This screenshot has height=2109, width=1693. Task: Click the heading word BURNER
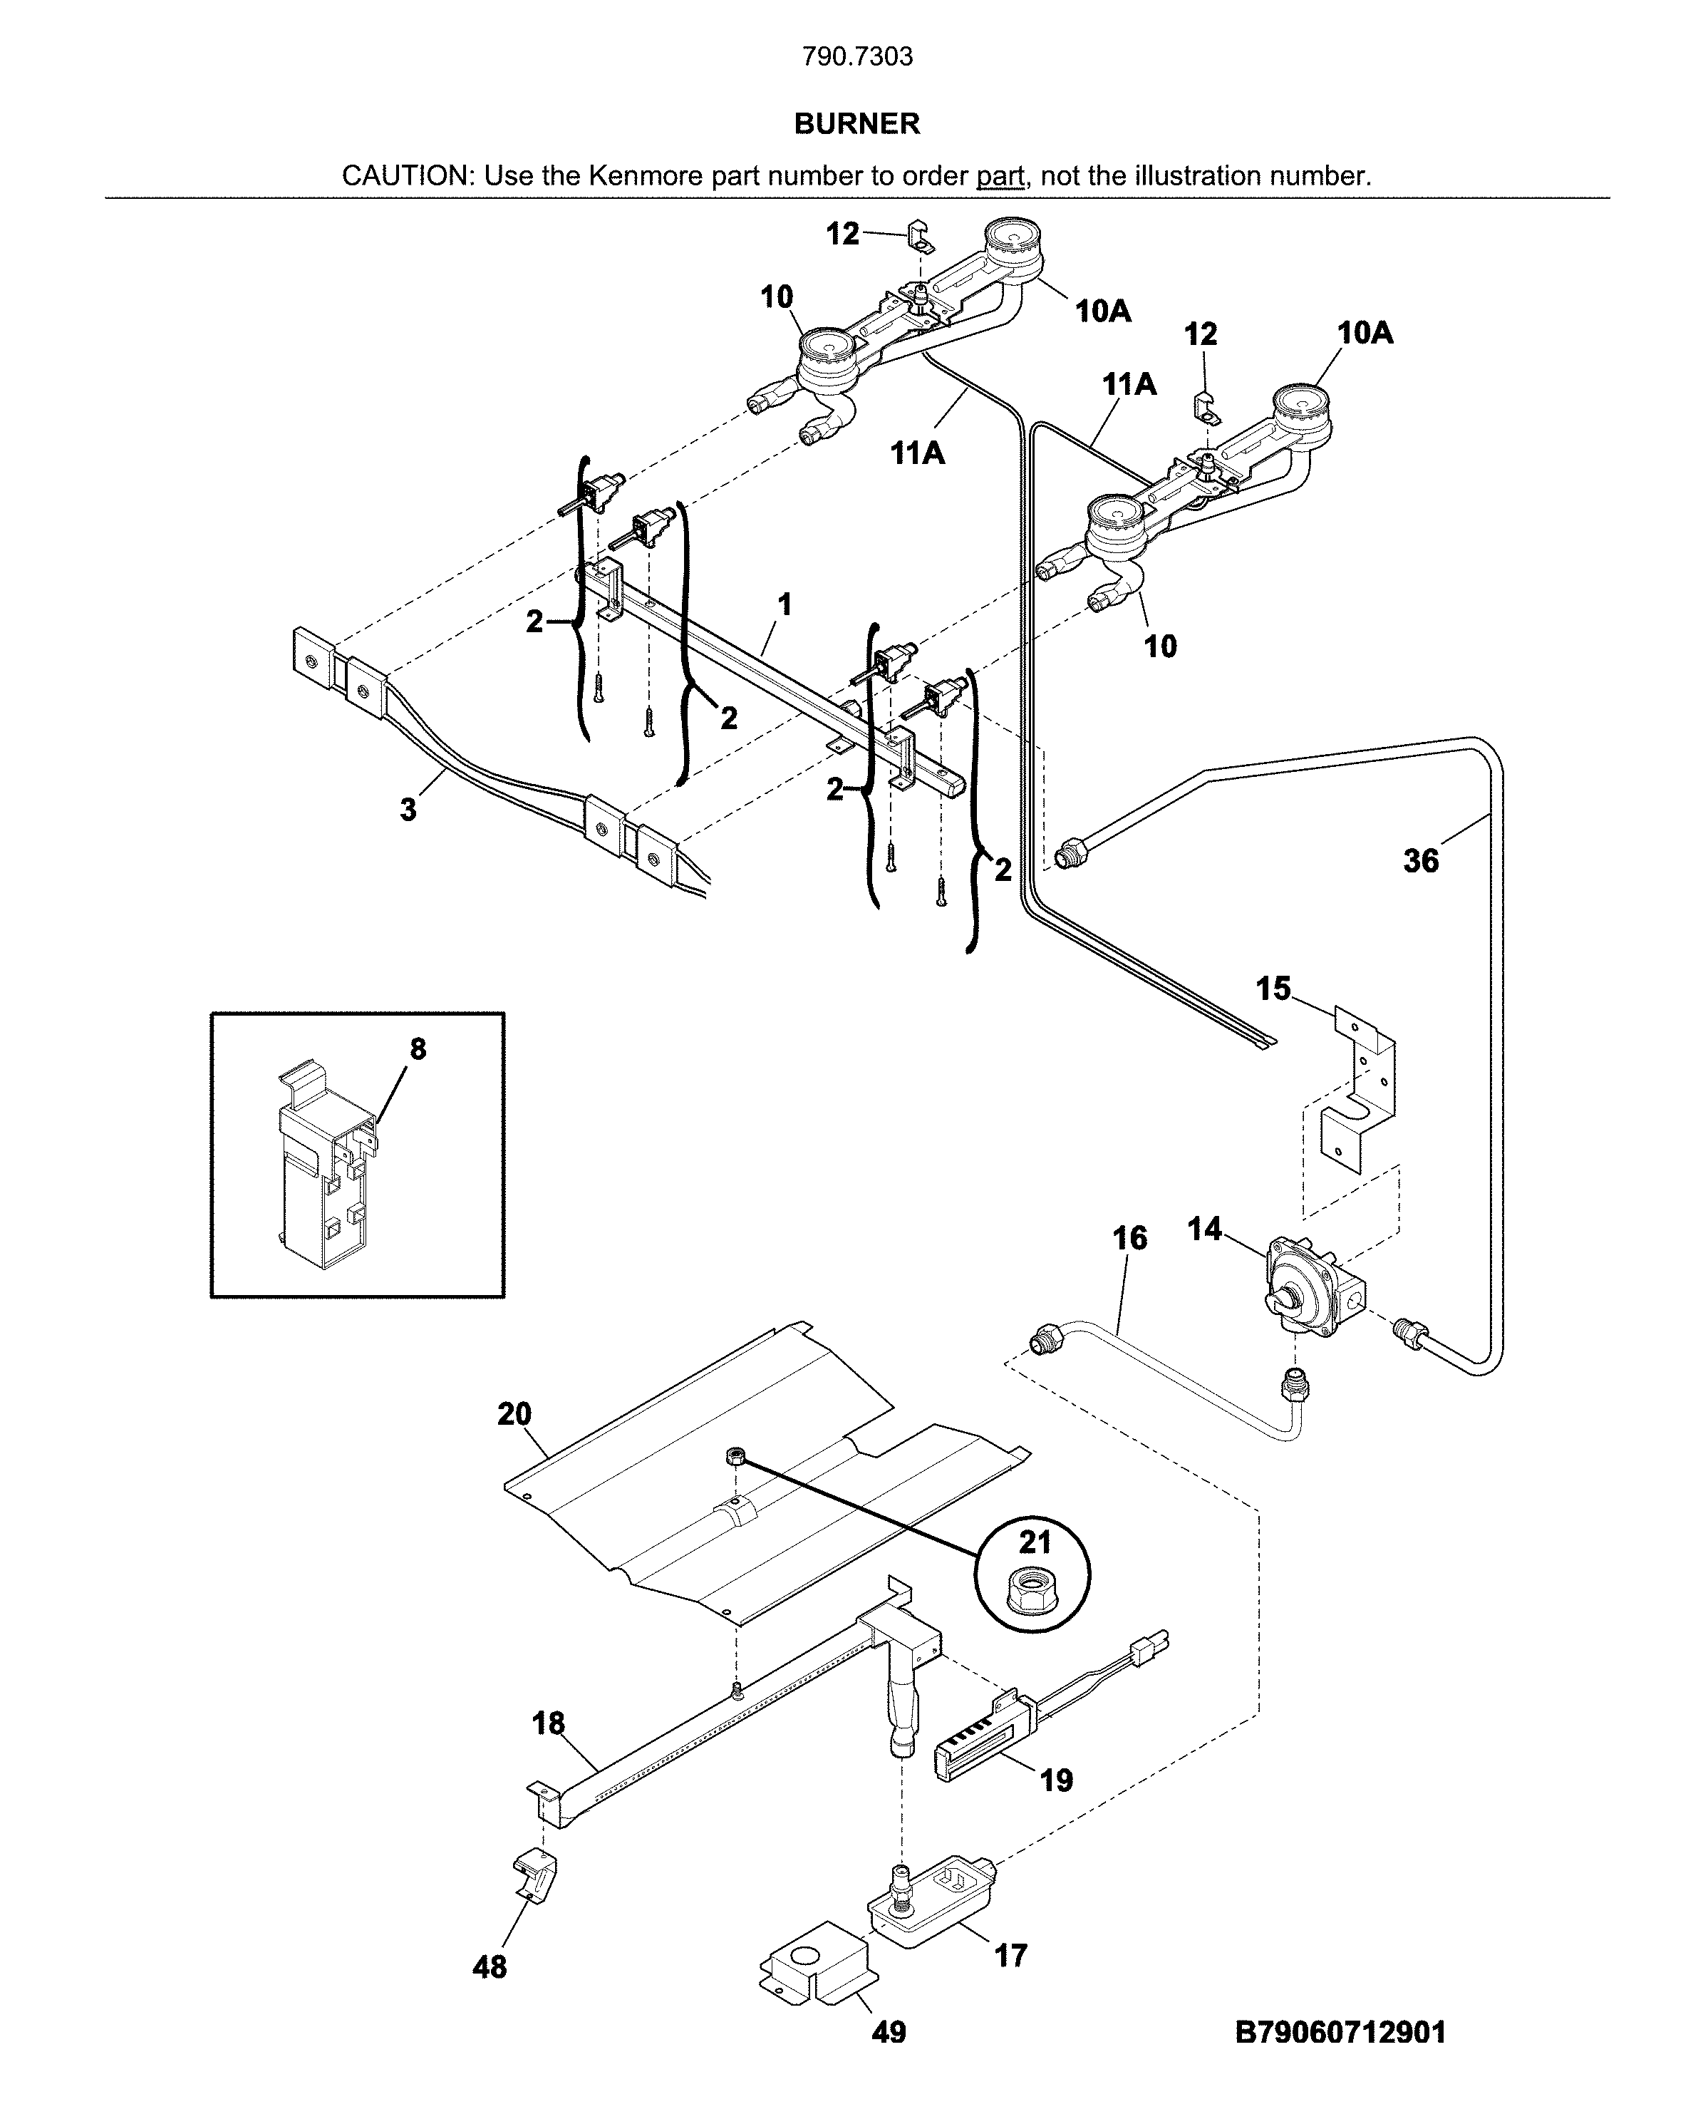856,123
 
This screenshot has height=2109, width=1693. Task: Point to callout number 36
1420,861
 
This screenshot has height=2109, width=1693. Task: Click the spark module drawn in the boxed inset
325,1164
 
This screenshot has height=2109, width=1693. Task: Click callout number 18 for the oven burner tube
549,1723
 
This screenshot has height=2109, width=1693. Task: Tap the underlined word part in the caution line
1000,176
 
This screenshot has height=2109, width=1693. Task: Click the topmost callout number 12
842,234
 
